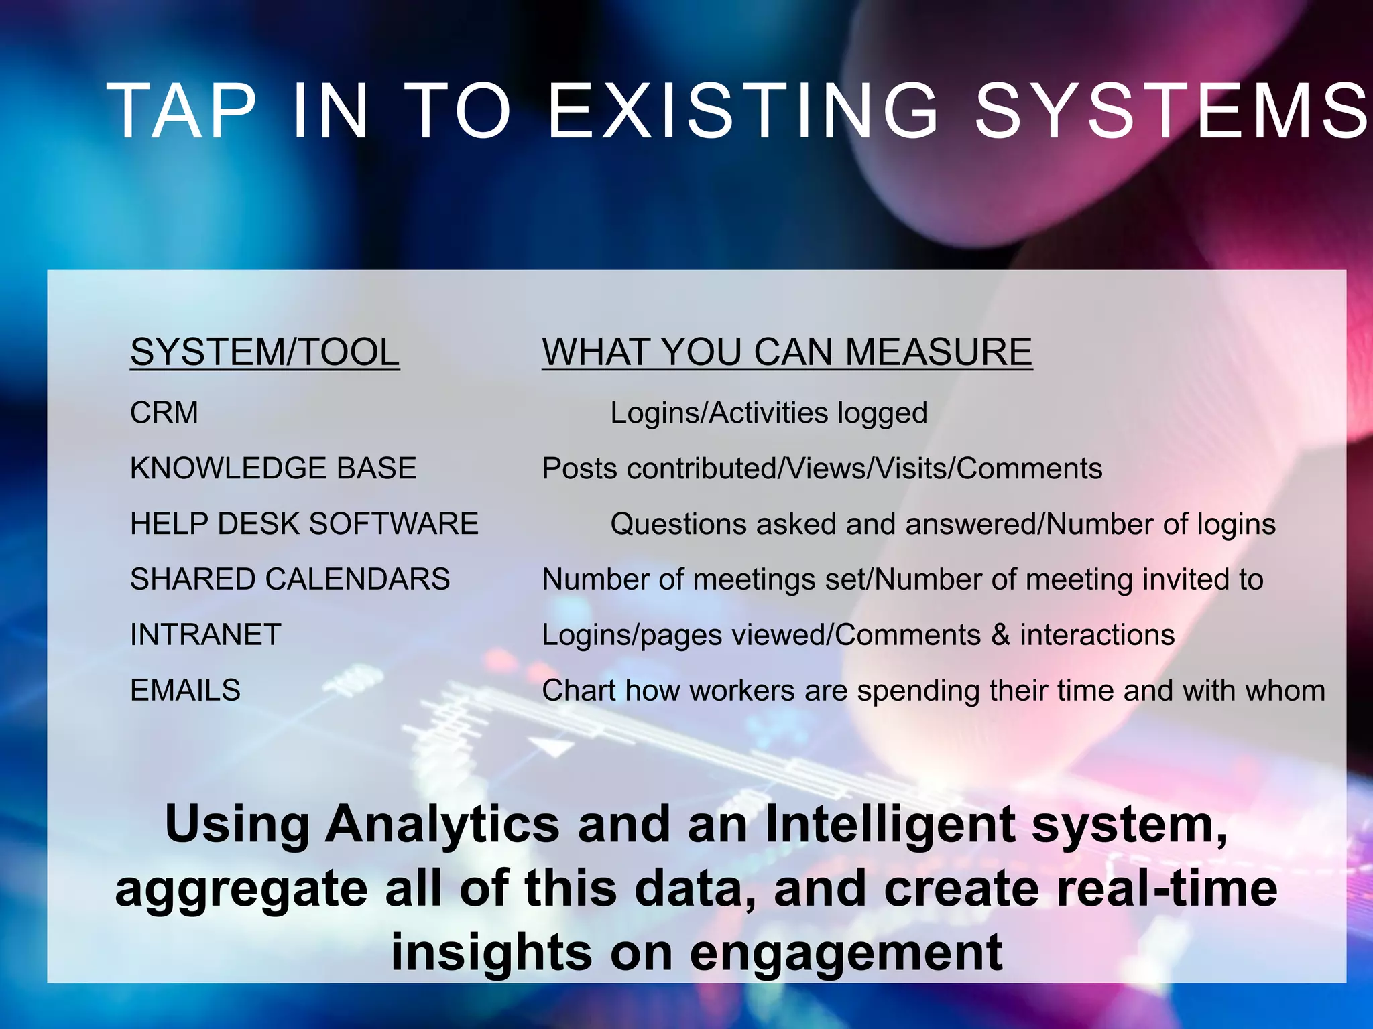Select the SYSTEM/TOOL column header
[x=265, y=352]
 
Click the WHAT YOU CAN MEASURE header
[x=787, y=352]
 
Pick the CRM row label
[x=164, y=413]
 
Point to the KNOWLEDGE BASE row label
[x=274, y=468]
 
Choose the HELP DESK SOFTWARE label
[x=304, y=524]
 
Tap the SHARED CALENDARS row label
[x=290, y=579]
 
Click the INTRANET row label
[x=206, y=635]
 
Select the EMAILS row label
[x=186, y=691]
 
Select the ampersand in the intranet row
[x=1000, y=635]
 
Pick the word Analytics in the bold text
[x=442, y=825]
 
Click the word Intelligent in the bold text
[x=890, y=825]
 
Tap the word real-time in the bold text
[x=1167, y=888]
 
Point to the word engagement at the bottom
[x=846, y=952]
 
